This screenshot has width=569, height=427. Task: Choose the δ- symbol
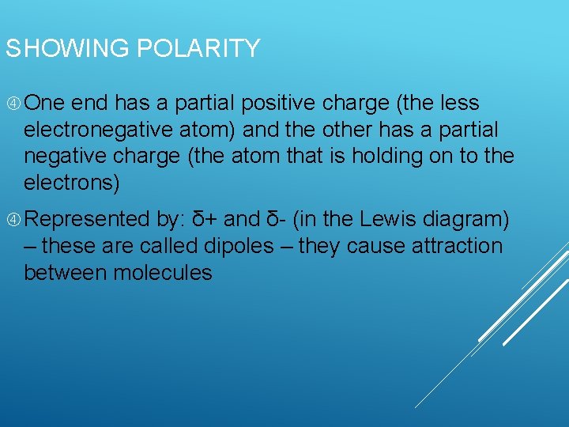coord(274,219)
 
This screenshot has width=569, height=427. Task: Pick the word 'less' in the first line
coord(462,104)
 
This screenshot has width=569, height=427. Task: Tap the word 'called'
coord(168,246)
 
